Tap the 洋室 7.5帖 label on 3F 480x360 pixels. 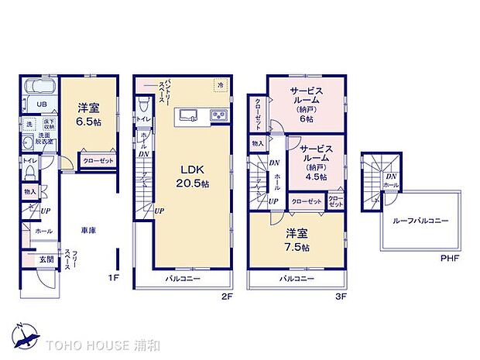point(297,241)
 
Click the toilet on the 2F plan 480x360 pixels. point(143,103)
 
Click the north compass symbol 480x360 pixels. point(24,336)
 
